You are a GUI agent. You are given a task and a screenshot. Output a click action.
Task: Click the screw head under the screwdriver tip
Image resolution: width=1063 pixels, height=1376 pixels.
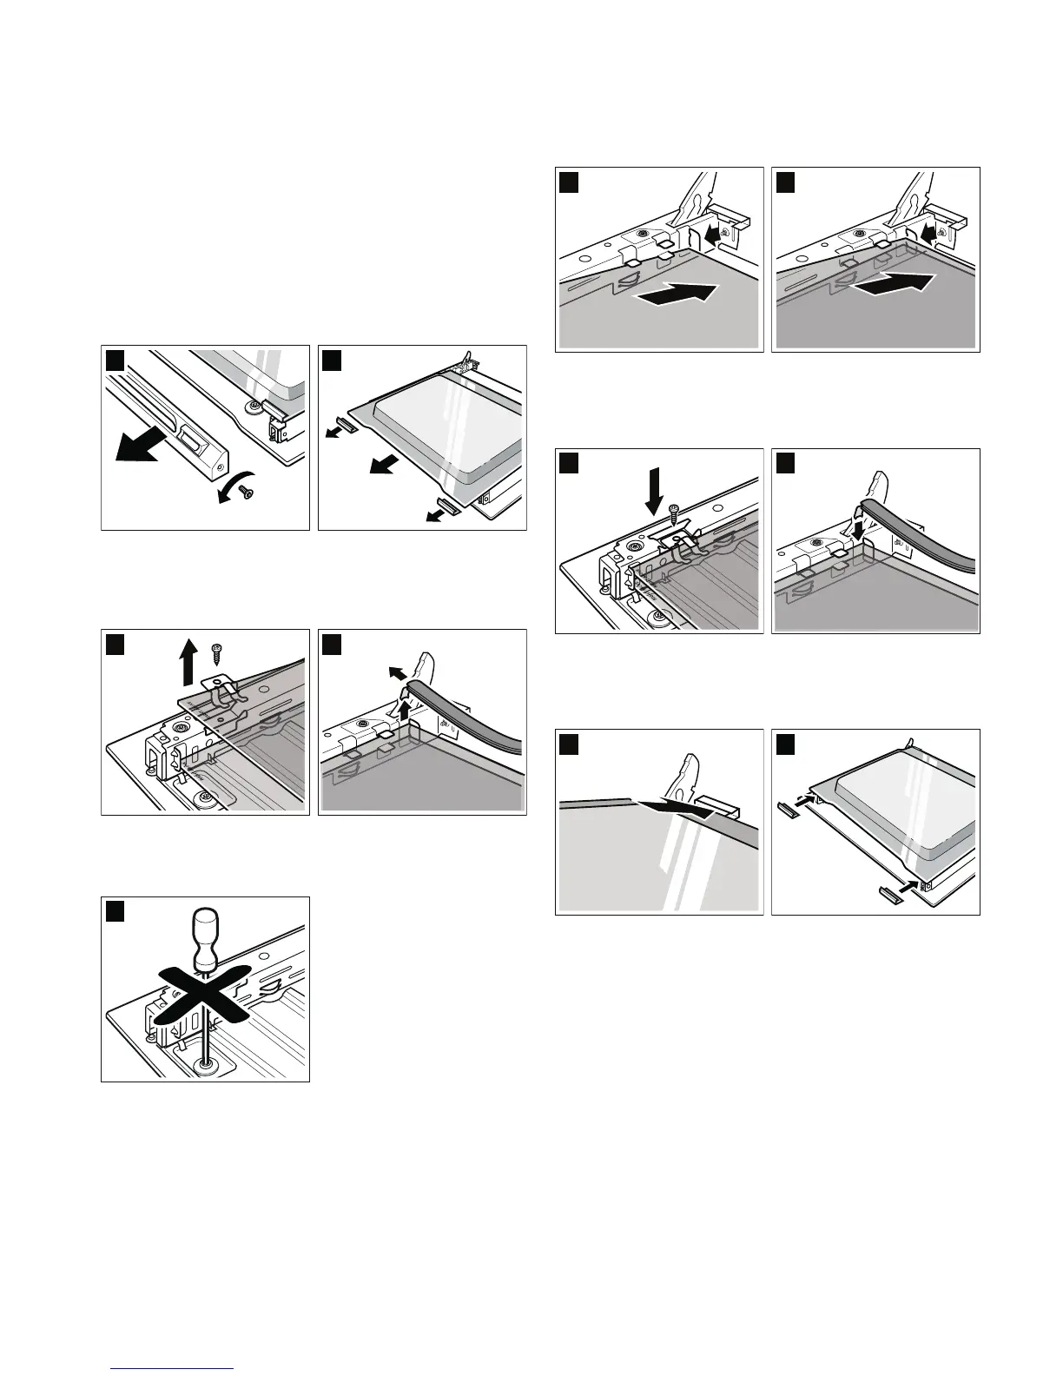(206, 1064)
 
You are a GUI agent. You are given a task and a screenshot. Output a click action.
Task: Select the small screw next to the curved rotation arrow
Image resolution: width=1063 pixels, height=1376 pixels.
(248, 492)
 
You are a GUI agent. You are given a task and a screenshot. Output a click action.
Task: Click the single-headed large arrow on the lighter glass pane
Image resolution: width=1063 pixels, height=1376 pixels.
(676, 294)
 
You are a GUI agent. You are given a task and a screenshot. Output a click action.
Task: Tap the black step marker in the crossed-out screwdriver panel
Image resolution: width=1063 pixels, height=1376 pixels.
(115, 910)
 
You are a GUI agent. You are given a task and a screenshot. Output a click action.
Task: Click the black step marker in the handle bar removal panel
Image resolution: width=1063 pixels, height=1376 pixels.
(115, 359)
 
